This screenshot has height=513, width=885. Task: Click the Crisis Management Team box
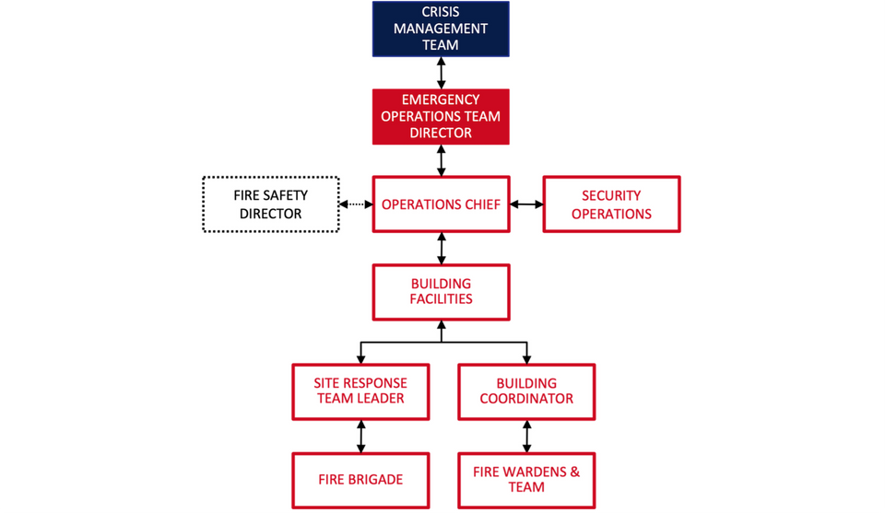coord(441,28)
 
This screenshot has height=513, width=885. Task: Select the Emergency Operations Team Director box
coord(441,117)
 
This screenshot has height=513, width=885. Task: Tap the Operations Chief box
coord(441,204)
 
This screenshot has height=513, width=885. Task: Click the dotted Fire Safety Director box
coord(271,204)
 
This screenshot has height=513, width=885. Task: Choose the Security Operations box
coord(611,204)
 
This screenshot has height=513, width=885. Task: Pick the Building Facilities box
coord(441,292)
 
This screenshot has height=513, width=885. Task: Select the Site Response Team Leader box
coord(360,391)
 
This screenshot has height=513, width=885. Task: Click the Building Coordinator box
coord(526,391)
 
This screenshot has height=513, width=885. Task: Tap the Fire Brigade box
coord(360,480)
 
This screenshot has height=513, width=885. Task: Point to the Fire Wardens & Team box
coord(526,480)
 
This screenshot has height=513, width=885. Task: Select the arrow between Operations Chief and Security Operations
coord(526,204)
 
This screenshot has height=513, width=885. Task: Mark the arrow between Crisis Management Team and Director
coord(441,72)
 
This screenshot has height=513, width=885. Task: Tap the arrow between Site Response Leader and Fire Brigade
coord(360,436)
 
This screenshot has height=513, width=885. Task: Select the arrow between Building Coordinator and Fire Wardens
coord(526,436)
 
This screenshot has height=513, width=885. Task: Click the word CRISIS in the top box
coord(441,12)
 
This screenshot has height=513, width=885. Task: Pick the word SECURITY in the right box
coord(611,196)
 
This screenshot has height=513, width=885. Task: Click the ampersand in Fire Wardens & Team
coord(574,472)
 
